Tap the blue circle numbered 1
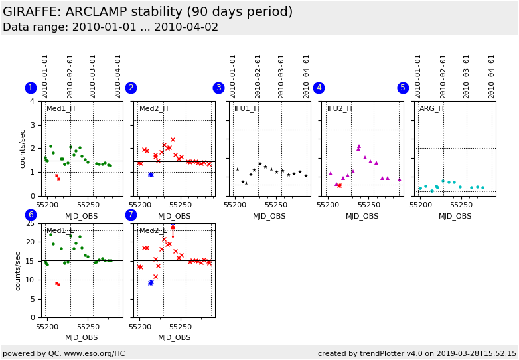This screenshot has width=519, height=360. [31, 88]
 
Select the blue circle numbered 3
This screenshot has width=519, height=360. [218, 88]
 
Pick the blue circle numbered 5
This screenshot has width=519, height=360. [403, 88]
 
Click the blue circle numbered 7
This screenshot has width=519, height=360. [131, 215]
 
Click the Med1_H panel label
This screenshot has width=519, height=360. [60, 109]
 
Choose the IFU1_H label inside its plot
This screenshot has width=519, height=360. [246, 109]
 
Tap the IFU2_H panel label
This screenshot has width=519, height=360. [339, 109]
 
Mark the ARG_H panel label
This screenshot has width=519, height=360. [431, 109]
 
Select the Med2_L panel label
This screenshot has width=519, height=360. [153, 231]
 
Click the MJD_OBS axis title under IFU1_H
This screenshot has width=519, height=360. [269, 216]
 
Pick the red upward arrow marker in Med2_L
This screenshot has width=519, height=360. [173, 228]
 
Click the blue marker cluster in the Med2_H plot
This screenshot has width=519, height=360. [151, 175]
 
